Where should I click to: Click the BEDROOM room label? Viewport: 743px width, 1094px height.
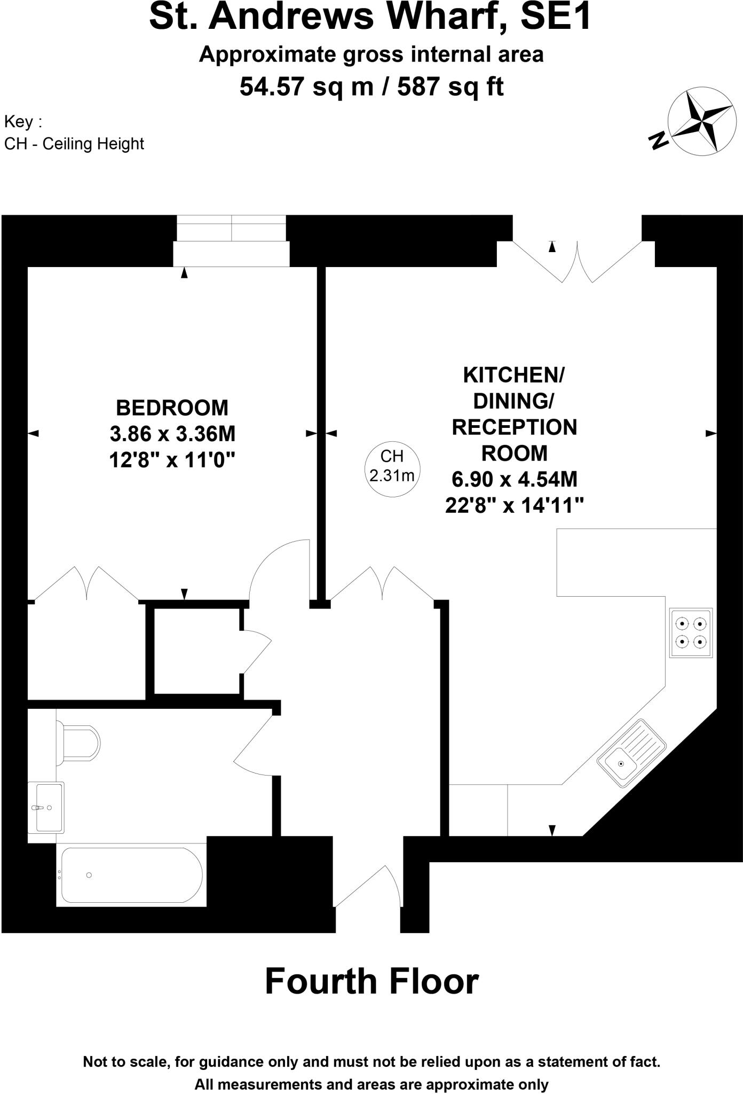click(x=172, y=408)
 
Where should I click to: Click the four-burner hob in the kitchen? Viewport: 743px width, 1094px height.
click(x=691, y=632)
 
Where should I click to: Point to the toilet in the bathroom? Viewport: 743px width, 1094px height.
click(x=80, y=743)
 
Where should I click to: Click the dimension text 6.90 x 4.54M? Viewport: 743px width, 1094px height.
click(x=515, y=479)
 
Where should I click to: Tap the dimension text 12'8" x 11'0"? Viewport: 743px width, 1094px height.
click(x=172, y=459)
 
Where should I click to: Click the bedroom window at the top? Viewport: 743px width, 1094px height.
click(x=231, y=240)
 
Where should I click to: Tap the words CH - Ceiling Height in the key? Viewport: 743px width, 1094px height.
click(x=74, y=144)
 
